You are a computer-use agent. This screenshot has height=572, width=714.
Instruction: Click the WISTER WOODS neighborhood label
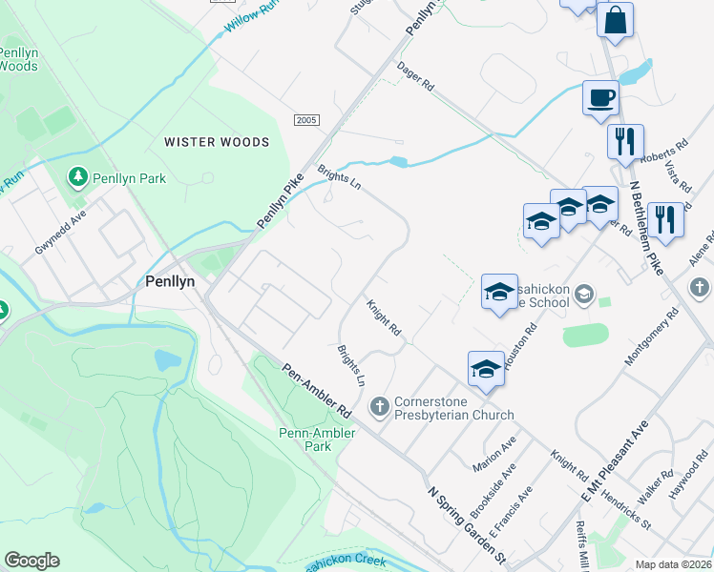217,142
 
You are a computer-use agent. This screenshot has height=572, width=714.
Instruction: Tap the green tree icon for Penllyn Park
76,177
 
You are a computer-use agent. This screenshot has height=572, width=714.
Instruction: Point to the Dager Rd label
415,76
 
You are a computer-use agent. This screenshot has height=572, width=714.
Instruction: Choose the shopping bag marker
615,20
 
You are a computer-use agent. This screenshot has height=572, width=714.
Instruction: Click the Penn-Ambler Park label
318,439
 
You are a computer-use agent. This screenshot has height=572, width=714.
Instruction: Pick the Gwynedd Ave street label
61,233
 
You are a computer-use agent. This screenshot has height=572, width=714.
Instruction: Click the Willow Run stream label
254,15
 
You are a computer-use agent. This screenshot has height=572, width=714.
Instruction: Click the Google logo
31,561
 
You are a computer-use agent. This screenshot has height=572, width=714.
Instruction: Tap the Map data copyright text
674,564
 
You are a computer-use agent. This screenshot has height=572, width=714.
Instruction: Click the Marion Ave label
493,454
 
